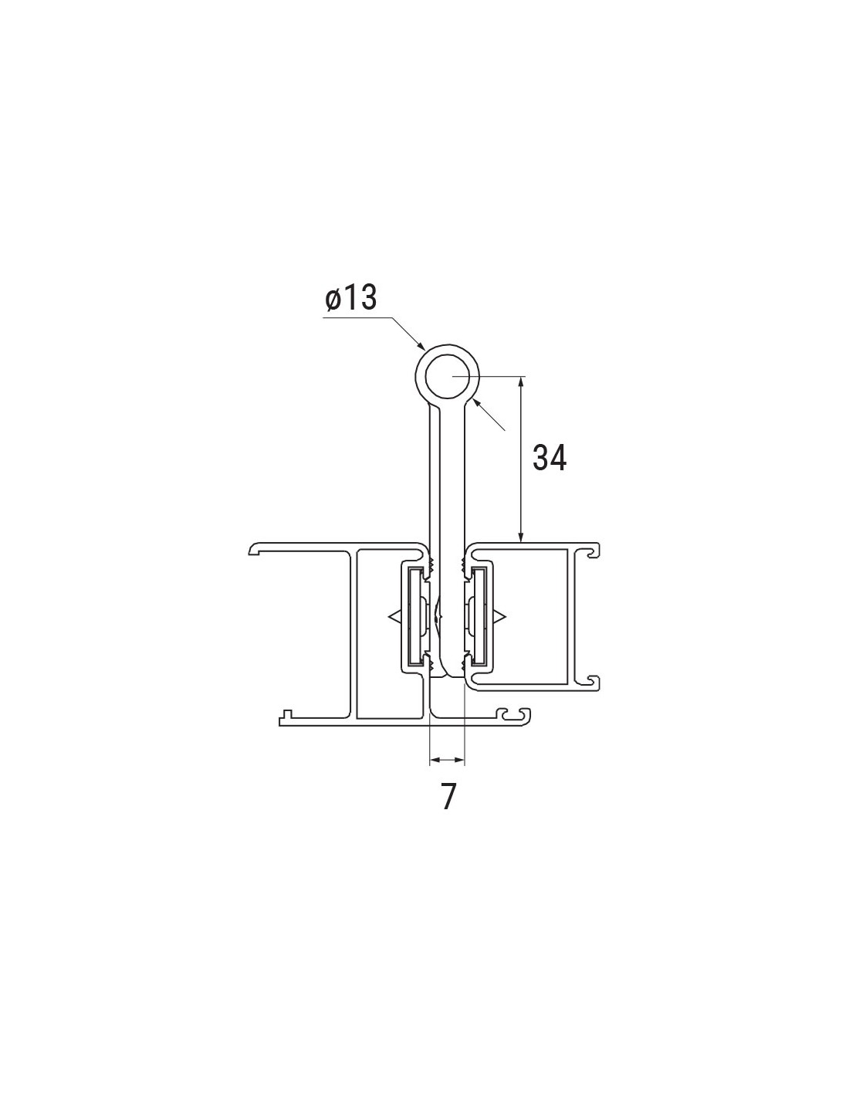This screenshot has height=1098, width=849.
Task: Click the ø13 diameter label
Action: (x=351, y=298)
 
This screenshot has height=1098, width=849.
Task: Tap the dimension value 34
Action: (x=550, y=459)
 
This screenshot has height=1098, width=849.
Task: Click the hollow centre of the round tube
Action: (x=448, y=377)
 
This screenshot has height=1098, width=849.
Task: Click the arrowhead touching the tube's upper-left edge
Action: (x=420, y=345)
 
